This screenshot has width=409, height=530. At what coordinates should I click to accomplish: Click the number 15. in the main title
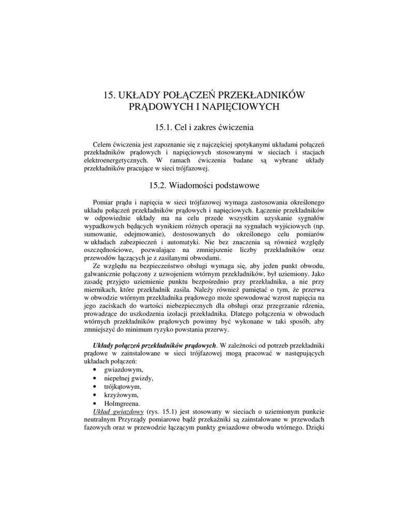[110, 95]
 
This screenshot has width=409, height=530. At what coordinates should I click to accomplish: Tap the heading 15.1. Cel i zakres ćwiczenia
[204, 127]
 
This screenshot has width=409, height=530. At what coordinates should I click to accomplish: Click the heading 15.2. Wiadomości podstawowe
[204, 185]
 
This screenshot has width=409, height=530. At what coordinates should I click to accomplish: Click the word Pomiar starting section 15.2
[103, 201]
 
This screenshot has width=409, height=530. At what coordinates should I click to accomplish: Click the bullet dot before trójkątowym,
[95, 387]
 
